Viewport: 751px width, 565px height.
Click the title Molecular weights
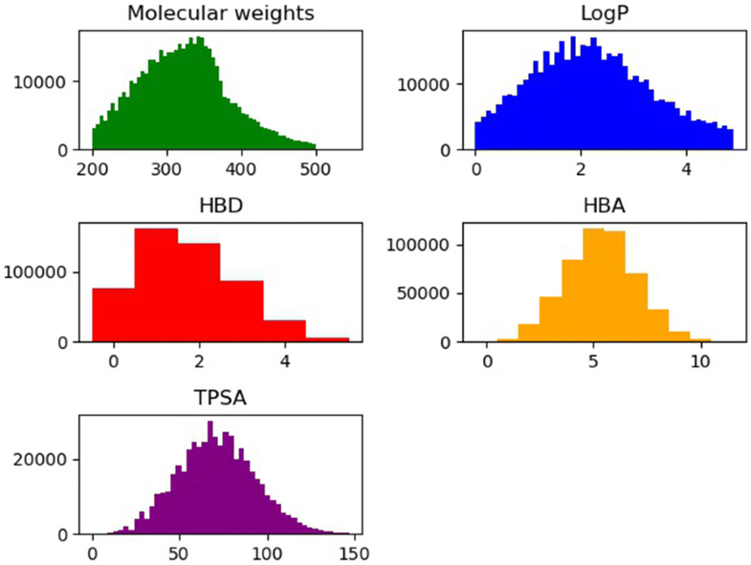221,13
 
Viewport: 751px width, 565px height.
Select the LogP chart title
605,13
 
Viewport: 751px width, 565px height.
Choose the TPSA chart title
221,397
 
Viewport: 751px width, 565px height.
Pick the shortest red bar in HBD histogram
327,339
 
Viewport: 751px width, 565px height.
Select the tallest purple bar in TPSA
210,478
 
